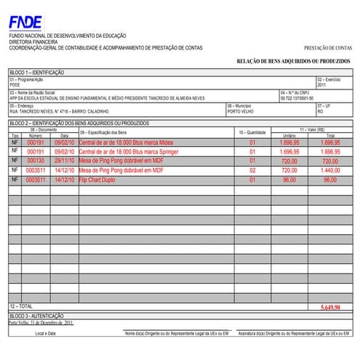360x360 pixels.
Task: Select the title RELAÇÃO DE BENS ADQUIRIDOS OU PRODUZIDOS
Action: [294, 62]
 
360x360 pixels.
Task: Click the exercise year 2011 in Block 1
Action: [322, 85]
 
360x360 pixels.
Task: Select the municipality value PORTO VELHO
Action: [241, 112]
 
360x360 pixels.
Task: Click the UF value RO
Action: [320, 112]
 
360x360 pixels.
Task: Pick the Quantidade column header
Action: [253, 133]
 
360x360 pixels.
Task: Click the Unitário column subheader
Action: [289, 136]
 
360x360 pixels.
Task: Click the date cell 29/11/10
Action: [64, 161]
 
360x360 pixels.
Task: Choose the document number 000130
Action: [36, 161]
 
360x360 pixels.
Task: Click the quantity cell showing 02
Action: [253, 169]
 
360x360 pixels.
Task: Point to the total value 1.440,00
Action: [331, 169]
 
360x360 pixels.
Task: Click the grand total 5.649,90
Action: [330, 308]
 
